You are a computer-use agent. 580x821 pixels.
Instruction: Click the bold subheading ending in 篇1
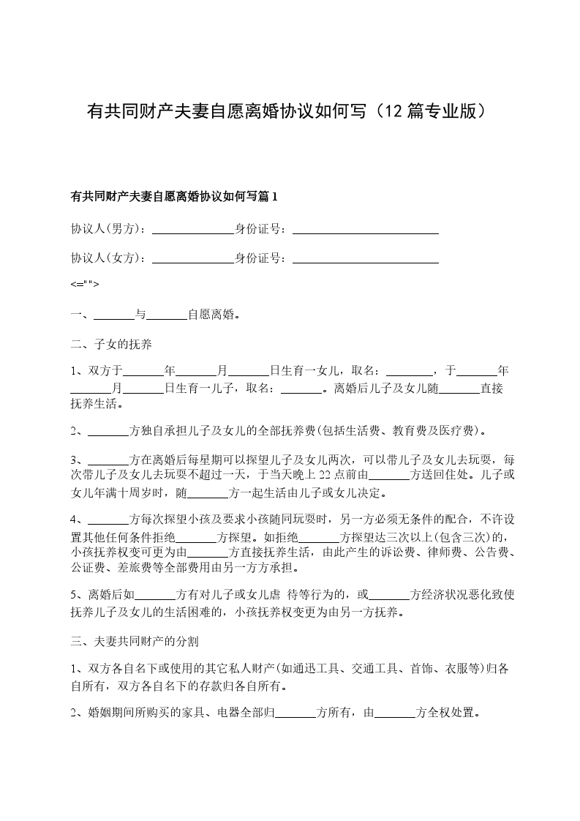174,196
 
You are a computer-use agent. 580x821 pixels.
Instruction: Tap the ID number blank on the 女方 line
365,258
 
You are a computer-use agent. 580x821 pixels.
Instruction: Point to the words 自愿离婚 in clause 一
211,315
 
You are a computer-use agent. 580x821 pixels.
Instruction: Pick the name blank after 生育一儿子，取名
302,388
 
